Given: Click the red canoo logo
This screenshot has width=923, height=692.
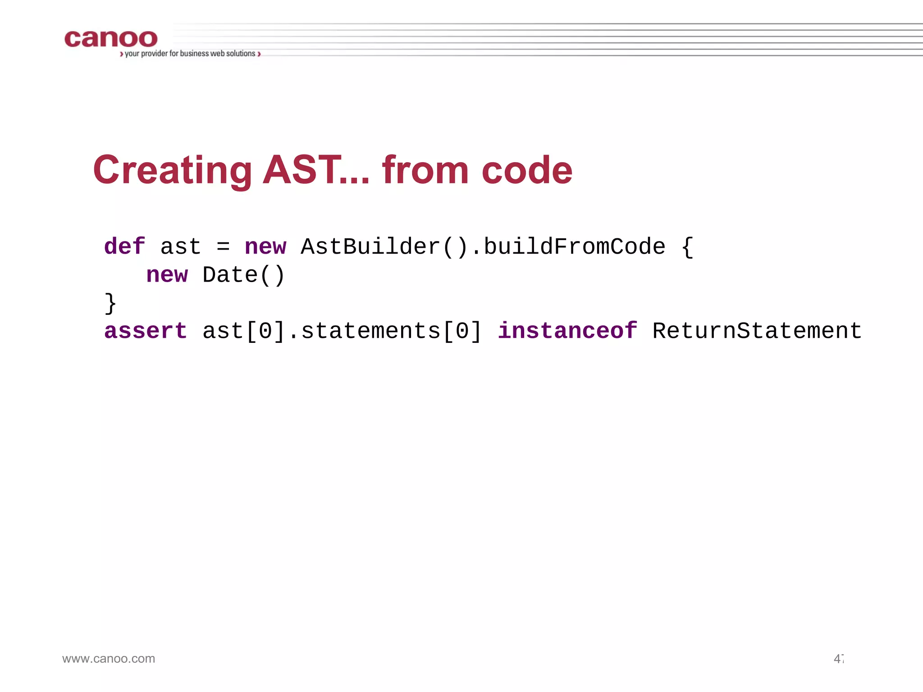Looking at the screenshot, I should [x=111, y=39].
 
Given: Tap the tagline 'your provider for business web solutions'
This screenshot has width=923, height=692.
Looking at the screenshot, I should [x=190, y=54].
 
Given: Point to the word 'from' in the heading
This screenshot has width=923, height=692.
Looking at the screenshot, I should [x=425, y=170].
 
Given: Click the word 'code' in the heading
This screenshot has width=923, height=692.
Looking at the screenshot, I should [x=527, y=170].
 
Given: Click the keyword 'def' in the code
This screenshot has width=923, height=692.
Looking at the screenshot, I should [x=124, y=247].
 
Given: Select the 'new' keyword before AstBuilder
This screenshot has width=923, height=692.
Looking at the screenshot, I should [x=265, y=247].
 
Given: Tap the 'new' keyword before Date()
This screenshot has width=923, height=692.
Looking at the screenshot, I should [x=167, y=275].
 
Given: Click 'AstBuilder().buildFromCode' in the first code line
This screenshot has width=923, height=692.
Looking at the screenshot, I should [x=483, y=247].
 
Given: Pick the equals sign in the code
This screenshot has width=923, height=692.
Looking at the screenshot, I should [x=223, y=247].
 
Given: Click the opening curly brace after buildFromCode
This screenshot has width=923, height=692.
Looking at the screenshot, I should [x=687, y=247].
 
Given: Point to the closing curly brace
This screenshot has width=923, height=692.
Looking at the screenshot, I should [x=110, y=303].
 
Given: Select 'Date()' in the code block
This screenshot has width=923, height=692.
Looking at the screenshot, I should [x=243, y=275].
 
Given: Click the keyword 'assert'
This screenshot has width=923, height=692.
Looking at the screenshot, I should [x=145, y=331].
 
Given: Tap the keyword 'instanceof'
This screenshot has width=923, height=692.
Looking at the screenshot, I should [x=567, y=331].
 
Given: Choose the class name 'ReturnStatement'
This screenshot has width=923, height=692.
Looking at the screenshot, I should [x=757, y=331].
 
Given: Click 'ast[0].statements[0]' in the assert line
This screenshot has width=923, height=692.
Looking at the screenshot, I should [x=342, y=331].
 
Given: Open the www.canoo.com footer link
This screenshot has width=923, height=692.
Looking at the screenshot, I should [x=109, y=659].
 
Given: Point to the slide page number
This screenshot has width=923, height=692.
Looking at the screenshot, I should [x=838, y=659].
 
